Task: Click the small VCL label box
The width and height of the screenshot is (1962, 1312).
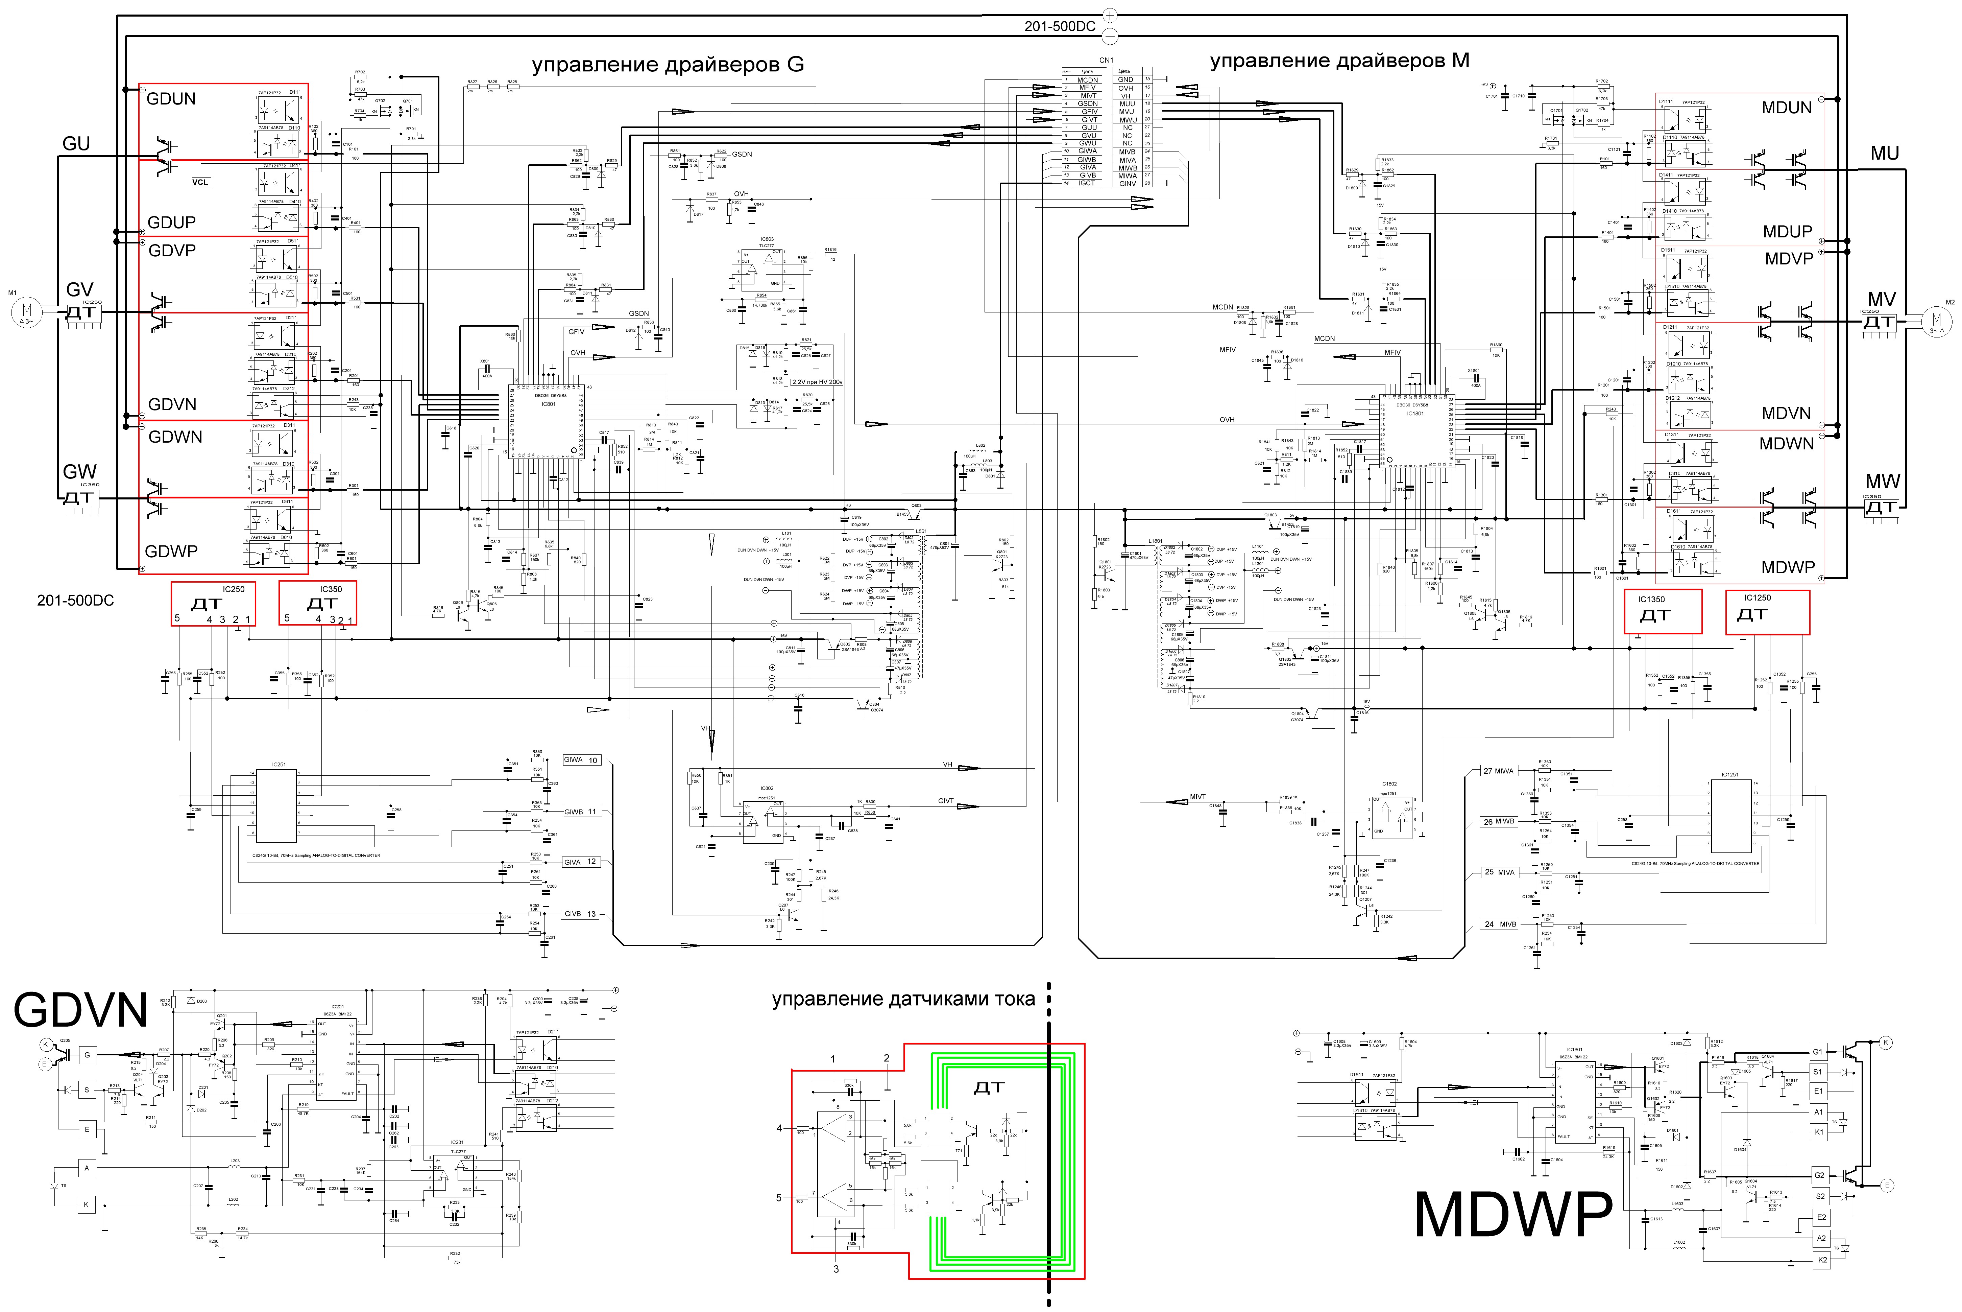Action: coord(201,182)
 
